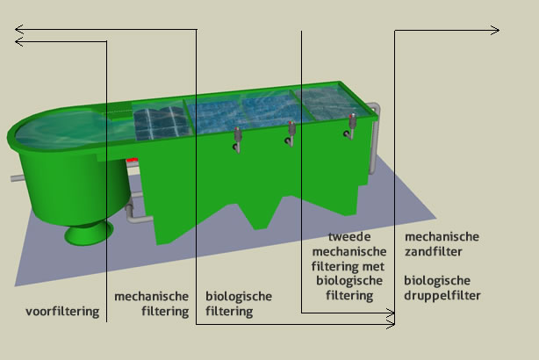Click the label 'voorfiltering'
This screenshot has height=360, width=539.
[x=62, y=312]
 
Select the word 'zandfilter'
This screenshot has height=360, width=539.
[x=434, y=252]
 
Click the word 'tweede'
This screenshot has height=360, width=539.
[x=349, y=237]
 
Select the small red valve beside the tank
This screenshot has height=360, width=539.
[x=133, y=161]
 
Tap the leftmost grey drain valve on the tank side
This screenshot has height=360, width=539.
[x=238, y=137]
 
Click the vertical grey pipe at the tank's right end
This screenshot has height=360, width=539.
[x=374, y=149]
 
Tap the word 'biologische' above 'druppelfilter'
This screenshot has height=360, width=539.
[x=435, y=281]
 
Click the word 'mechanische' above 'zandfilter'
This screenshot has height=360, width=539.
[x=442, y=237]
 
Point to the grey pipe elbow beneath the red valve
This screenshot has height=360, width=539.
[x=131, y=211]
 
